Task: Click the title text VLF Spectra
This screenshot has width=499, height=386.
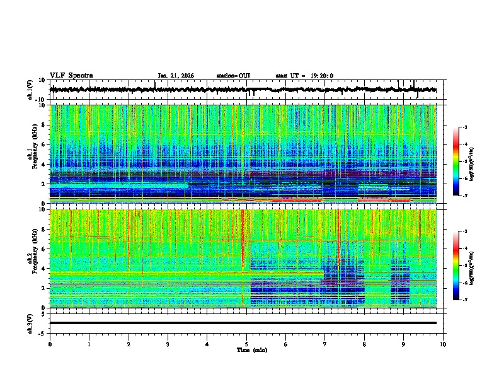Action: (71, 76)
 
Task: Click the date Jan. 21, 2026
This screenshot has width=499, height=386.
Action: (176, 76)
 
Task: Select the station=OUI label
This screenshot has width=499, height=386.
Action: (233, 76)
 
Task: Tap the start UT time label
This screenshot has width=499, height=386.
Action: (304, 76)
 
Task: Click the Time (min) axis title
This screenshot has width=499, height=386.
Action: (251, 350)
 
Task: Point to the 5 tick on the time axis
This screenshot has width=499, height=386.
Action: (246, 344)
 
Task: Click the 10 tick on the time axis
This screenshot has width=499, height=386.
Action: (443, 344)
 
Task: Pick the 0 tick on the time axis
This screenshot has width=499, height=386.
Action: (50, 344)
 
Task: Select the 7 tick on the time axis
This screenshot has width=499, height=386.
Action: (325, 344)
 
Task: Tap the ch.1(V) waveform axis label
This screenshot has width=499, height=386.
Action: (31, 90)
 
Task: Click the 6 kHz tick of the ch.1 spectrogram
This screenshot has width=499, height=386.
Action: (44, 144)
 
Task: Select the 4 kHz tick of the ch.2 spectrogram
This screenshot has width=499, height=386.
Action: (44, 268)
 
